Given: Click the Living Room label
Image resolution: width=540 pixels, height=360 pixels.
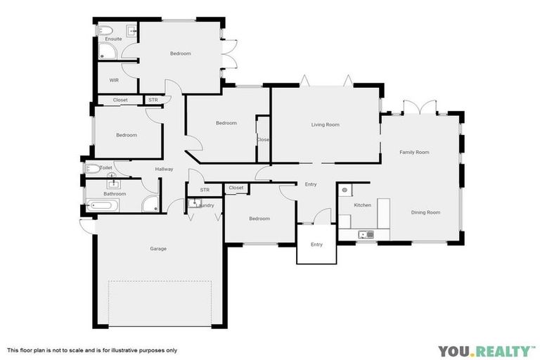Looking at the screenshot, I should (x=326, y=124).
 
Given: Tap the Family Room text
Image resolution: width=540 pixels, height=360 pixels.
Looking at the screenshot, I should (x=414, y=152).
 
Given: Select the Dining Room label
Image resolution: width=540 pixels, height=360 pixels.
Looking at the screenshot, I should (x=425, y=212).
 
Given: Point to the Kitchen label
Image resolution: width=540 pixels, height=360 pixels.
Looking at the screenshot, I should (x=362, y=205).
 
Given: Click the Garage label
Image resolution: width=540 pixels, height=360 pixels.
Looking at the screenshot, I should (x=158, y=248).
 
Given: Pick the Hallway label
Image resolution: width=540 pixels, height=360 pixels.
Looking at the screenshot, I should (x=164, y=169).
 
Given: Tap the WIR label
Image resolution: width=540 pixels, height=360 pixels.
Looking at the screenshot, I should (x=114, y=80).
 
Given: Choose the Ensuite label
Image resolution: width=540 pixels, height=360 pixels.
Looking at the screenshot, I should (x=113, y=39).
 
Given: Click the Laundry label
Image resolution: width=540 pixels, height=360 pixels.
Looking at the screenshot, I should (x=206, y=205).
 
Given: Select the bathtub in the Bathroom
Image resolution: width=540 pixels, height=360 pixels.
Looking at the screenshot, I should (x=103, y=206).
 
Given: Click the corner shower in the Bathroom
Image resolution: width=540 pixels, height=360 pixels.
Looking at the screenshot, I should (x=150, y=205).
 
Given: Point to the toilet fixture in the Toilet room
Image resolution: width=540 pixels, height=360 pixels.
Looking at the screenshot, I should (x=91, y=169).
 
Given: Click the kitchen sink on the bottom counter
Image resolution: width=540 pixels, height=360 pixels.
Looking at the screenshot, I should (x=364, y=234).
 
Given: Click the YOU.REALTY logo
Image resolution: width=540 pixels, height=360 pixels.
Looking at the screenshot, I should (x=484, y=351).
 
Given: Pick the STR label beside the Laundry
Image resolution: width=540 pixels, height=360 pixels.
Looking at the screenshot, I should (x=205, y=190).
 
